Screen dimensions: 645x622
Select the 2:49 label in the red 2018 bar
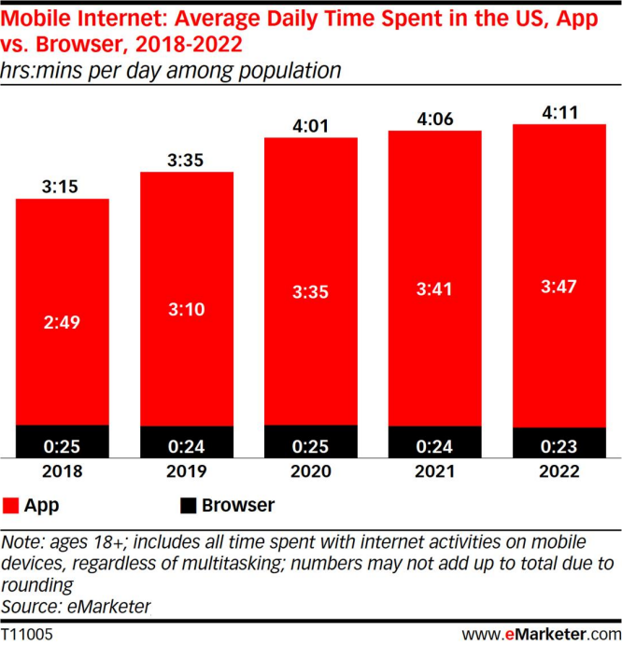click(63, 322)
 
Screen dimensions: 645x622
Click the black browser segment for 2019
click(187, 442)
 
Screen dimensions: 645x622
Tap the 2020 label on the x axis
click(312, 471)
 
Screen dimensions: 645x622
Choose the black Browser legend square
click(188, 507)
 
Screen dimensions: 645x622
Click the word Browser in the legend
click(240, 507)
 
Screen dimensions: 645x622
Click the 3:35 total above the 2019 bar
click(187, 159)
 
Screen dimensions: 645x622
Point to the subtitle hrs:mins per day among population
click(170, 69)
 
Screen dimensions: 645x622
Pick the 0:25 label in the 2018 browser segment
click(63, 442)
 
